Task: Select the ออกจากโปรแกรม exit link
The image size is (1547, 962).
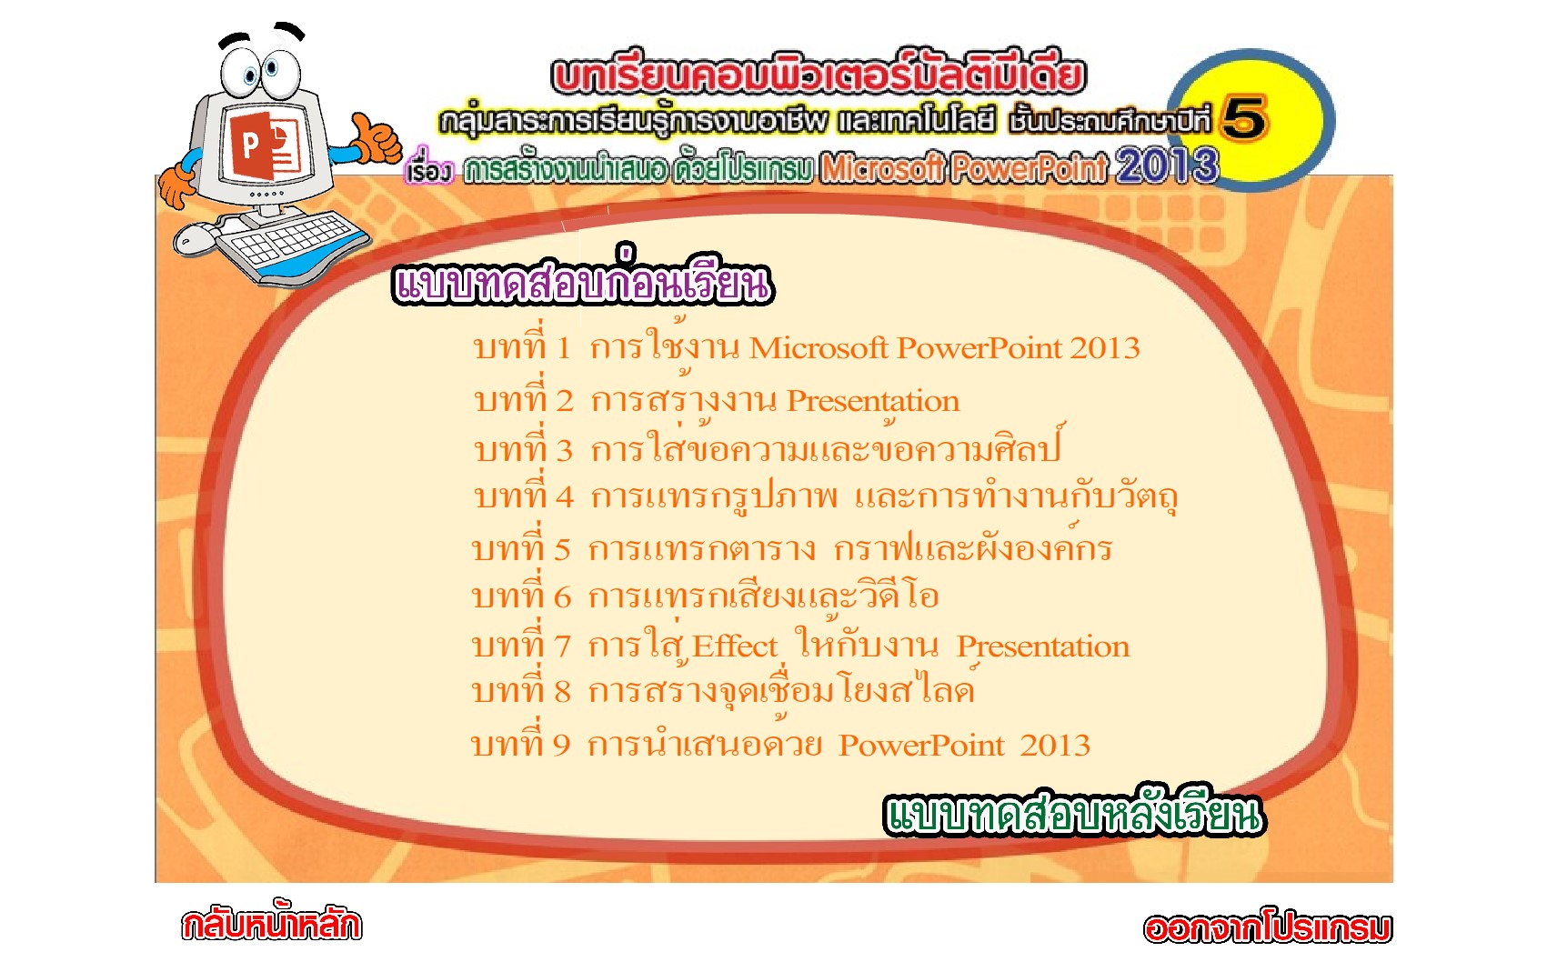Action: tap(1267, 927)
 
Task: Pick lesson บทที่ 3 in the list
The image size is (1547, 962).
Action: tap(768, 446)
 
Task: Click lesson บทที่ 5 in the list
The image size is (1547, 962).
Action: tap(792, 547)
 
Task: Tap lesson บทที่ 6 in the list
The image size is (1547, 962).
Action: tap(705, 594)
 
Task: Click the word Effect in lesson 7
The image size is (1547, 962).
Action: tap(735, 646)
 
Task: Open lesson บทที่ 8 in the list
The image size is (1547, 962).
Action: tap(723, 687)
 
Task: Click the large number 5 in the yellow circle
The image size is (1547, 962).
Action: tap(1244, 118)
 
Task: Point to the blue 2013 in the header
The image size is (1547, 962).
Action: tap(1167, 165)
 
